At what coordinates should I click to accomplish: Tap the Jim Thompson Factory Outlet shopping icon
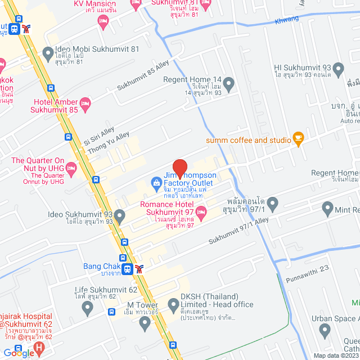(x=156, y=183)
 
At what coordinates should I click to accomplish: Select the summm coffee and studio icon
(x=298, y=139)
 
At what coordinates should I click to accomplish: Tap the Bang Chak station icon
(x=128, y=269)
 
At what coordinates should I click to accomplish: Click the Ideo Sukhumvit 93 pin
(x=120, y=215)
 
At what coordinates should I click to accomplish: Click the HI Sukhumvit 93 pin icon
(x=338, y=70)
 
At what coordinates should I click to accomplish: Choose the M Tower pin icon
(x=145, y=322)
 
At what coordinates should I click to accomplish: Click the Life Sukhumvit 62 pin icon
(x=87, y=308)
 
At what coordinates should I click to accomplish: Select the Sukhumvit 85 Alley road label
(x=143, y=76)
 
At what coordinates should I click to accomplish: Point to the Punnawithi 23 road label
(x=307, y=269)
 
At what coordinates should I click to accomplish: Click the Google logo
(x=19, y=353)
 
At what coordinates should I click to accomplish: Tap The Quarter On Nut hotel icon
(x=71, y=167)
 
